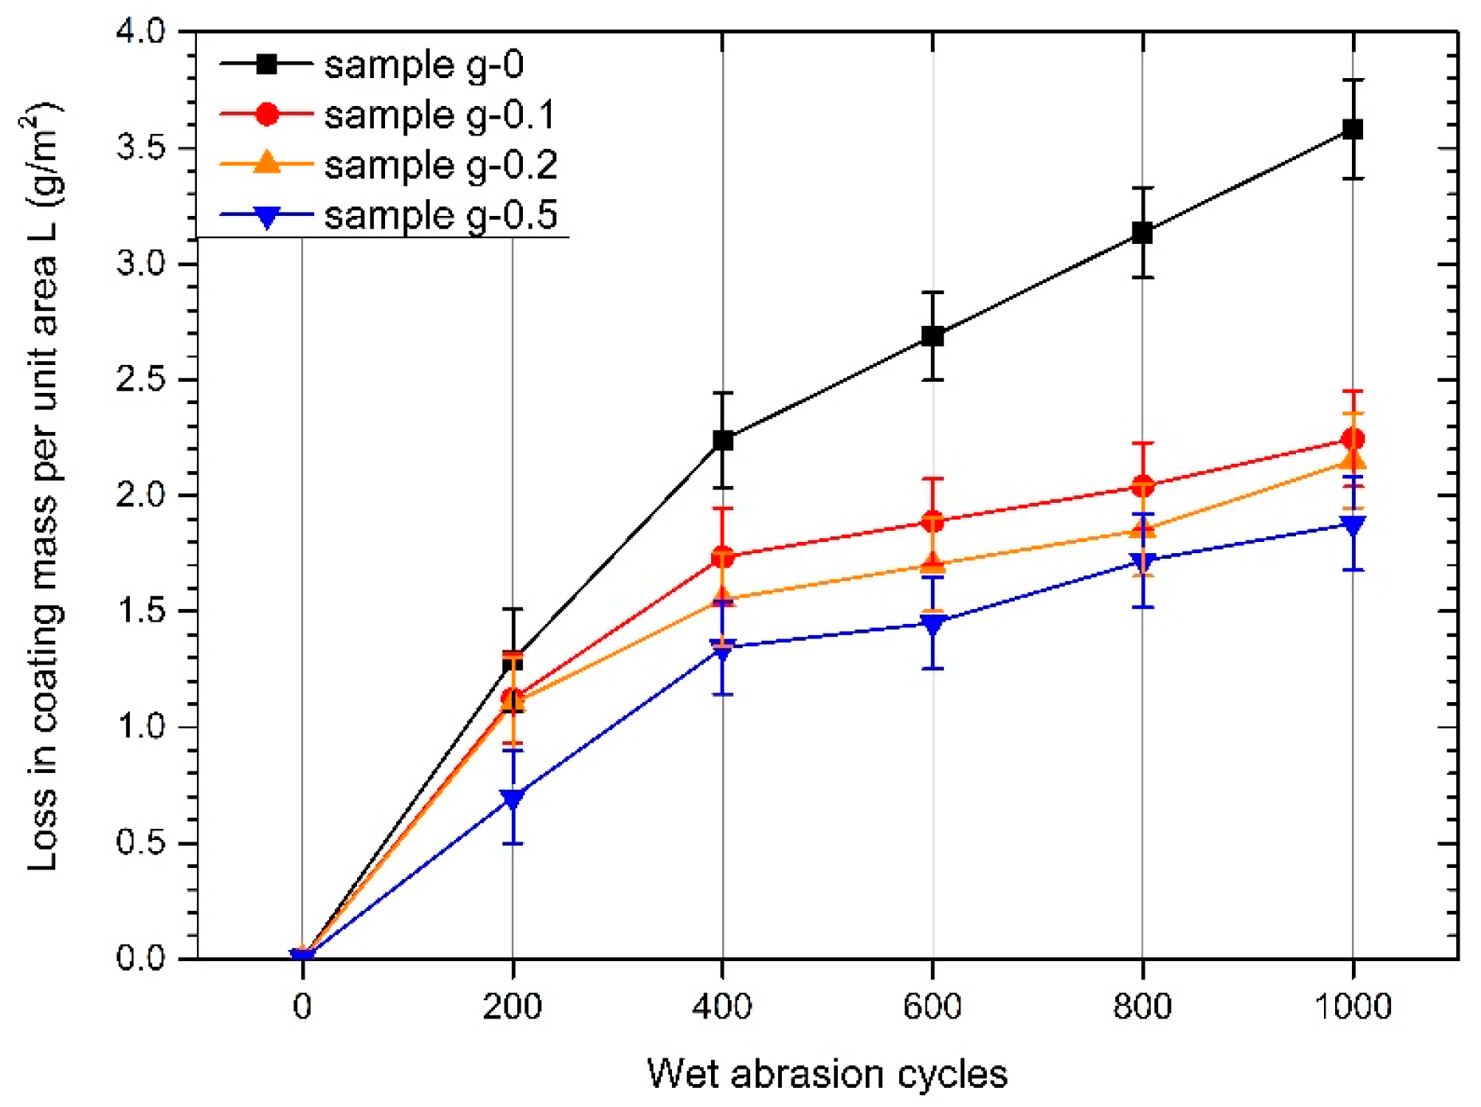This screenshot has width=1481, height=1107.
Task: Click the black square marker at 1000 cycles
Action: point(1352,129)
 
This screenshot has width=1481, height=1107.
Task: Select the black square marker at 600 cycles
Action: point(933,336)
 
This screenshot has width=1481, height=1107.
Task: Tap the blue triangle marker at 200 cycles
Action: point(513,798)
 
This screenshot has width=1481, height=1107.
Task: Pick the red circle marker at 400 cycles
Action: point(722,556)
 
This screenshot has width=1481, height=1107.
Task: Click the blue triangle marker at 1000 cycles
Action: point(1352,524)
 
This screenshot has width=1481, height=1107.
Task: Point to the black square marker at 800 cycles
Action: point(1142,233)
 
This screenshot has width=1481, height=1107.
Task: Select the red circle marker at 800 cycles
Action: point(1142,485)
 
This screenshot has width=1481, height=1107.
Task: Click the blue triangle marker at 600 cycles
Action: point(933,623)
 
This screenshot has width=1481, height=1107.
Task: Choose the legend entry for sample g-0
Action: point(422,65)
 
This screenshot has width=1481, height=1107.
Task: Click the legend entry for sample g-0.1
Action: point(438,115)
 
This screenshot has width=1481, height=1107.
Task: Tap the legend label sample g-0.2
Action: point(440,165)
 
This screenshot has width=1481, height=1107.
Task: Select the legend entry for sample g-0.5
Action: point(440,215)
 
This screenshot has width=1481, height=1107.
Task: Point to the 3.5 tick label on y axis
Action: point(140,148)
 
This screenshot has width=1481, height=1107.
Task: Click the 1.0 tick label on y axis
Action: point(140,727)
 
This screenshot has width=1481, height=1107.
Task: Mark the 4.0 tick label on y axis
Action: point(140,33)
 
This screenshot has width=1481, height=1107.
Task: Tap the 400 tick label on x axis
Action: point(722,1007)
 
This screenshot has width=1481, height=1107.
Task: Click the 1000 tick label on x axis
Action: point(1352,1007)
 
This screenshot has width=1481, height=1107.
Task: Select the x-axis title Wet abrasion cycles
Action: point(827,1074)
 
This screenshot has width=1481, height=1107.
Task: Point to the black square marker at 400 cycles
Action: point(722,440)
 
